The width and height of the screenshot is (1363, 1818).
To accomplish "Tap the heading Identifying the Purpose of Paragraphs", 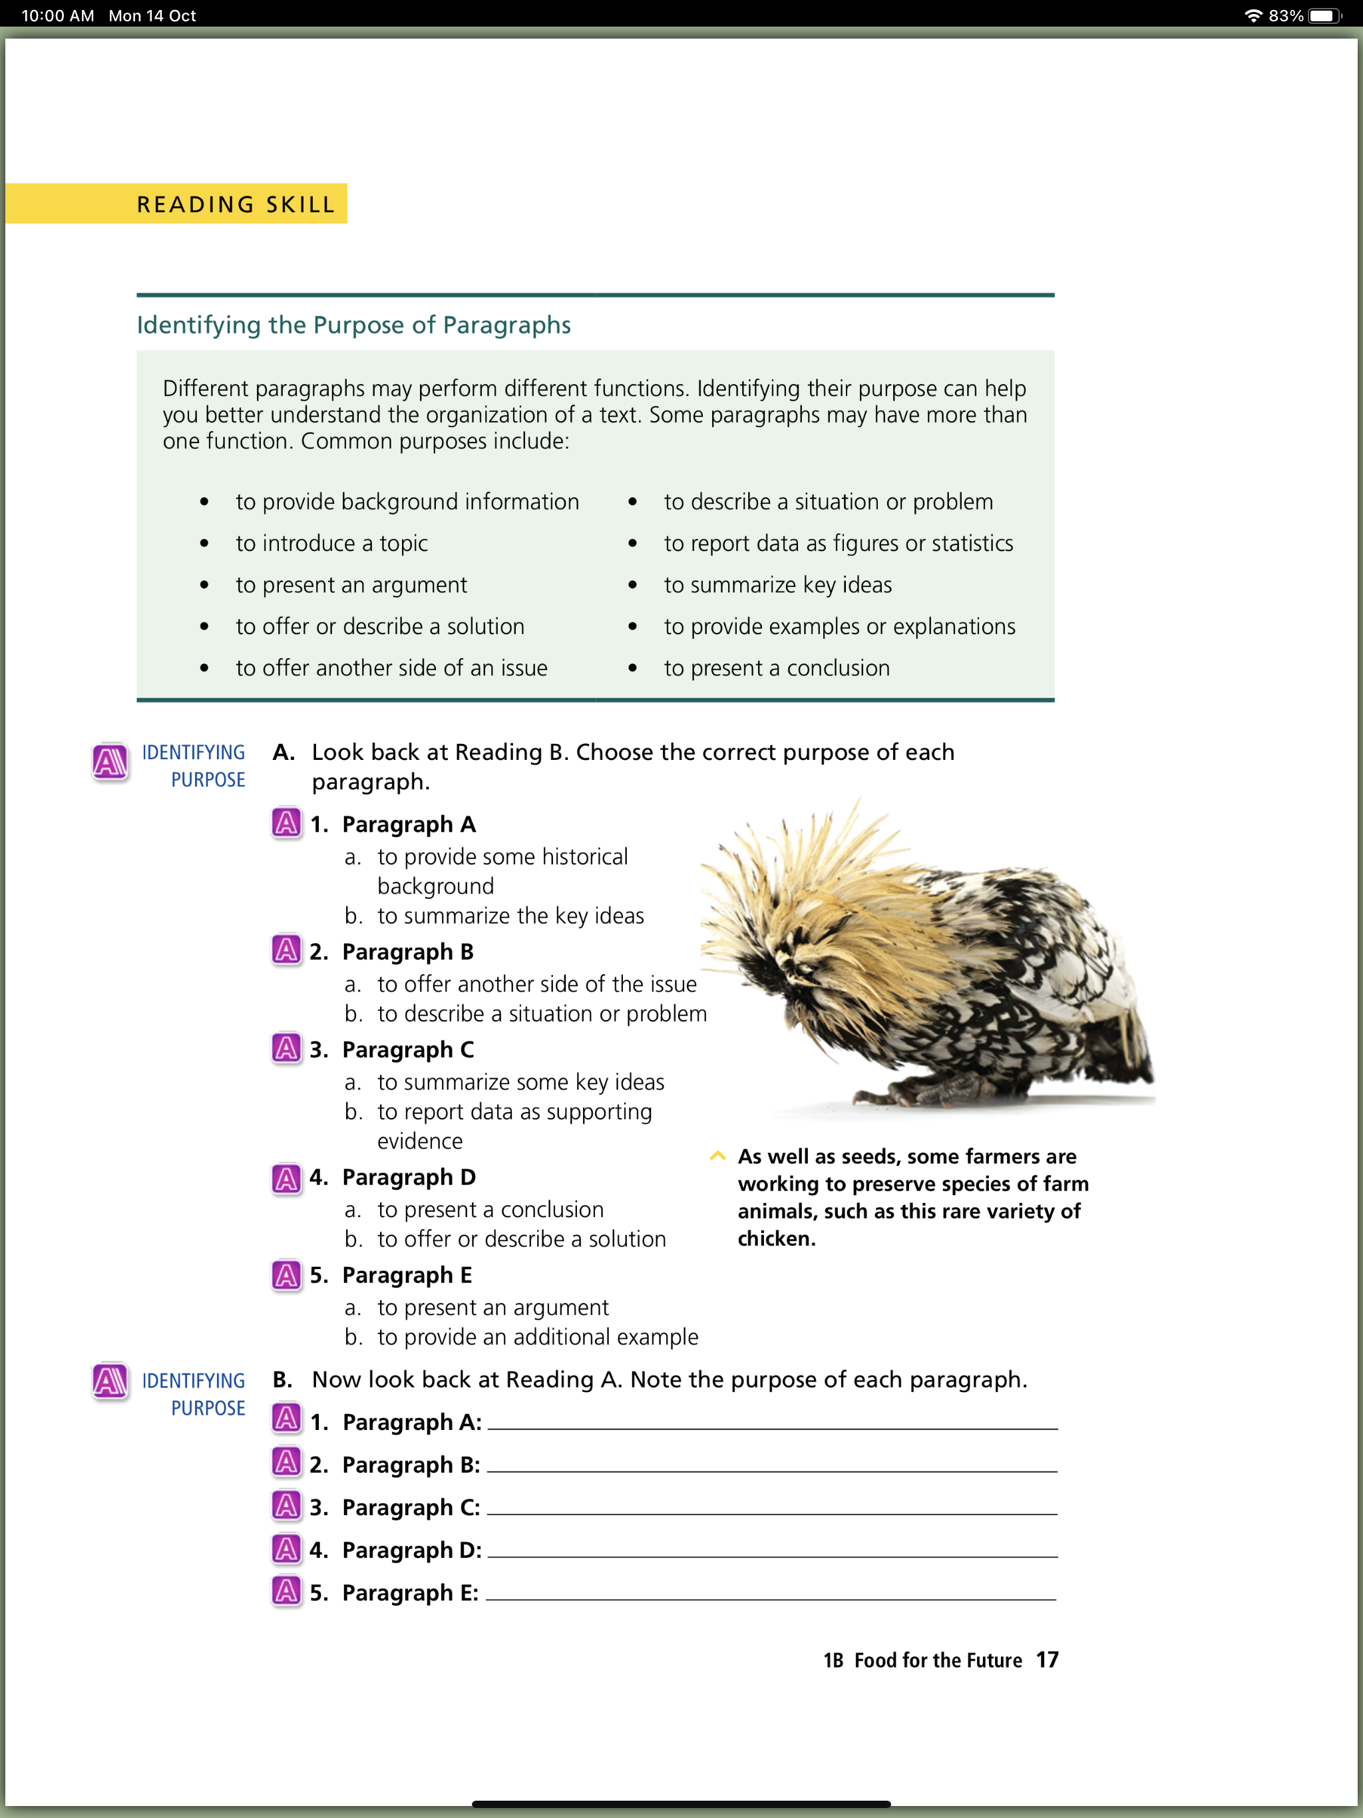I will coord(353,325).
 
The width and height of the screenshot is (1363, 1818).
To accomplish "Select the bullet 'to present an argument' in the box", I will coord(351,585).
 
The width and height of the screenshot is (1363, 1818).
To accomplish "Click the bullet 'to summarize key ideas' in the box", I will coord(778,585).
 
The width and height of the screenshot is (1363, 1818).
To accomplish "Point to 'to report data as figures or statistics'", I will coord(838,543).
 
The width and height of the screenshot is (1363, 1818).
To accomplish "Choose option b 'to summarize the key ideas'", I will coord(510,916).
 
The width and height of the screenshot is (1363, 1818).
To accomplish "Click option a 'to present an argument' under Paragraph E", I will coord(492,1308).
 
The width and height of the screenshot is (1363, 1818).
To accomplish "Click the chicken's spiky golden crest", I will coord(814,880).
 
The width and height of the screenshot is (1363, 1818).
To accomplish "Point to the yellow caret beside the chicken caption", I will coord(717,1157).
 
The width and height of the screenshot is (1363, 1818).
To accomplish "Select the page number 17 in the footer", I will coord(1046,1660).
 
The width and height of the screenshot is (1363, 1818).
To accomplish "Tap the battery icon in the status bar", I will coord(1324,15).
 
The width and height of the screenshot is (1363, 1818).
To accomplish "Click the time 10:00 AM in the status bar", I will coord(57,15).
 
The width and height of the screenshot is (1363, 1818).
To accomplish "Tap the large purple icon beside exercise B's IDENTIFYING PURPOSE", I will coord(109,1381).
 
